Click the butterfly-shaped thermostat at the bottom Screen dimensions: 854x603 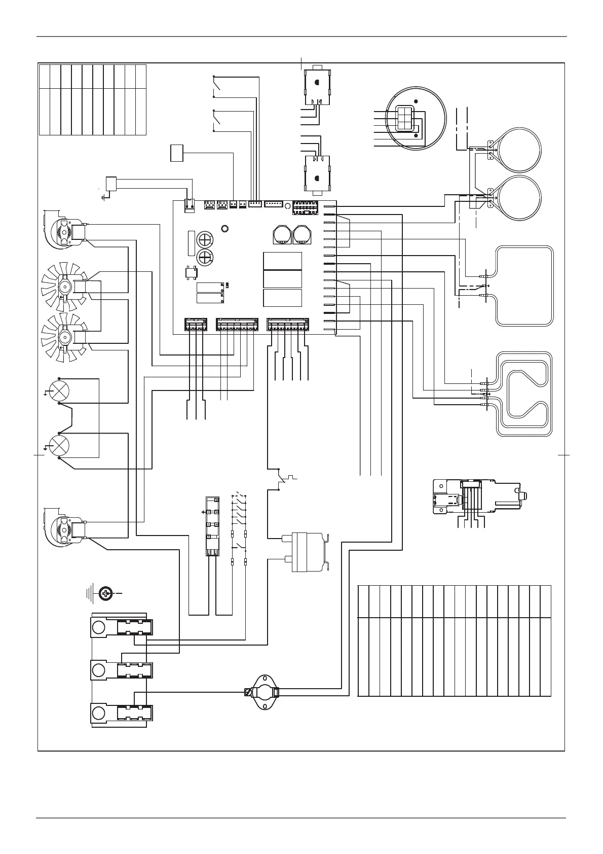click(x=262, y=692)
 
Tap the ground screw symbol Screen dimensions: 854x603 click(x=105, y=592)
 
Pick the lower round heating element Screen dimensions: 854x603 click(x=519, y=198)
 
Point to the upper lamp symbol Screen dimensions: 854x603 click(x=58, y=391)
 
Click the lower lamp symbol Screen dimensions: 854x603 click(x=58, y=445)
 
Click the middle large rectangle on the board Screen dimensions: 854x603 click(x=282, y=279)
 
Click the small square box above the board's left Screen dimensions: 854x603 click(x=176, y=153)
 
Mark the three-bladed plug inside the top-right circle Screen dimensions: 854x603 click(x=405, y=119)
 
